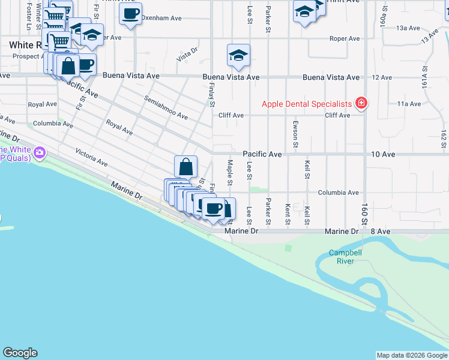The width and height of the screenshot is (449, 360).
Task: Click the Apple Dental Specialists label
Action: point(306,104)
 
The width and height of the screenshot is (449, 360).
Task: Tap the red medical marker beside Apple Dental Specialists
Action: point(361,104)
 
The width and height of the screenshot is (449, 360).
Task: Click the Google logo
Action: point(20,353)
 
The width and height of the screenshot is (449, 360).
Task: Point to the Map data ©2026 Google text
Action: point(412,355)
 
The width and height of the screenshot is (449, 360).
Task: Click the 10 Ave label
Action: point(383,154)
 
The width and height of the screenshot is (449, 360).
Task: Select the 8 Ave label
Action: point(381,231)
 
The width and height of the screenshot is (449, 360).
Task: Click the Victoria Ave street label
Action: point(92,158)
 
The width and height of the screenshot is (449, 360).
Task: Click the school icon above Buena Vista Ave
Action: point(238,55)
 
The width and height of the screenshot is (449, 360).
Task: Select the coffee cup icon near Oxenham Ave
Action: point(130,13)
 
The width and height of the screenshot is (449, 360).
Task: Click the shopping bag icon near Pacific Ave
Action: point(186,166)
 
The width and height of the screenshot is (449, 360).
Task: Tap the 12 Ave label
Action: point(382,77)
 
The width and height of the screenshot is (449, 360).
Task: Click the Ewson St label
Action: point(295,135)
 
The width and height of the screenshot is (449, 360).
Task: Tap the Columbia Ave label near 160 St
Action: point(338,193)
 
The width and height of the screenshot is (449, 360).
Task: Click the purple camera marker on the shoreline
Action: point(40,152)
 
